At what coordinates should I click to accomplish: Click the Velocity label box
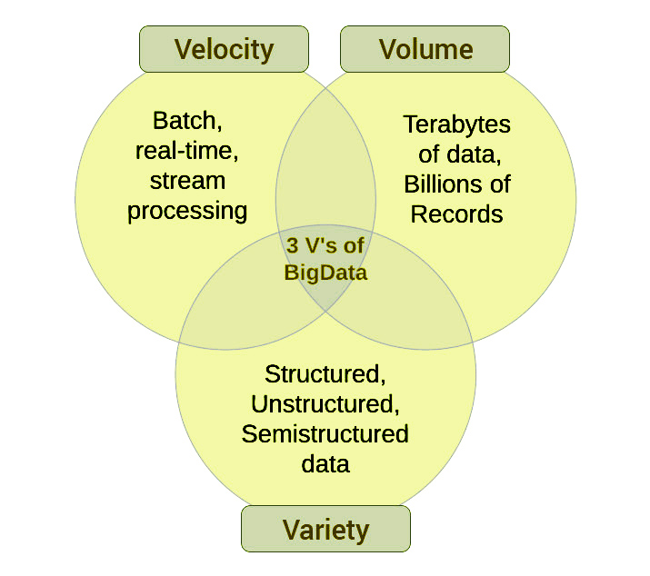[x=224, y=49]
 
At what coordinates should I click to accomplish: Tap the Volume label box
[x=425, y=49]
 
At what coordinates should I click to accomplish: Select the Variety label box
[x=325, y=529]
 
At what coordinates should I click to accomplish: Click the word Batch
[x=186, y=121]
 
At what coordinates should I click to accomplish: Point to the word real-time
[x=186, y=151]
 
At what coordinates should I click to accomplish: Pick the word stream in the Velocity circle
[x=186, y=181]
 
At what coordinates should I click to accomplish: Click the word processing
[x=186, y=212]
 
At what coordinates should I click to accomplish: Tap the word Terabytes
[x=456, y=124]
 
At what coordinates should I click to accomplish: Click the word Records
[x=456, y=214]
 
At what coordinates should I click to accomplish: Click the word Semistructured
[x=325, y=433]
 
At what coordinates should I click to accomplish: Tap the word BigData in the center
[x=325, y=272]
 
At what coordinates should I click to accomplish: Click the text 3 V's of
[x=325, y=246]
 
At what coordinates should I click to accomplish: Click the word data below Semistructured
[x=325, y=463]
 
